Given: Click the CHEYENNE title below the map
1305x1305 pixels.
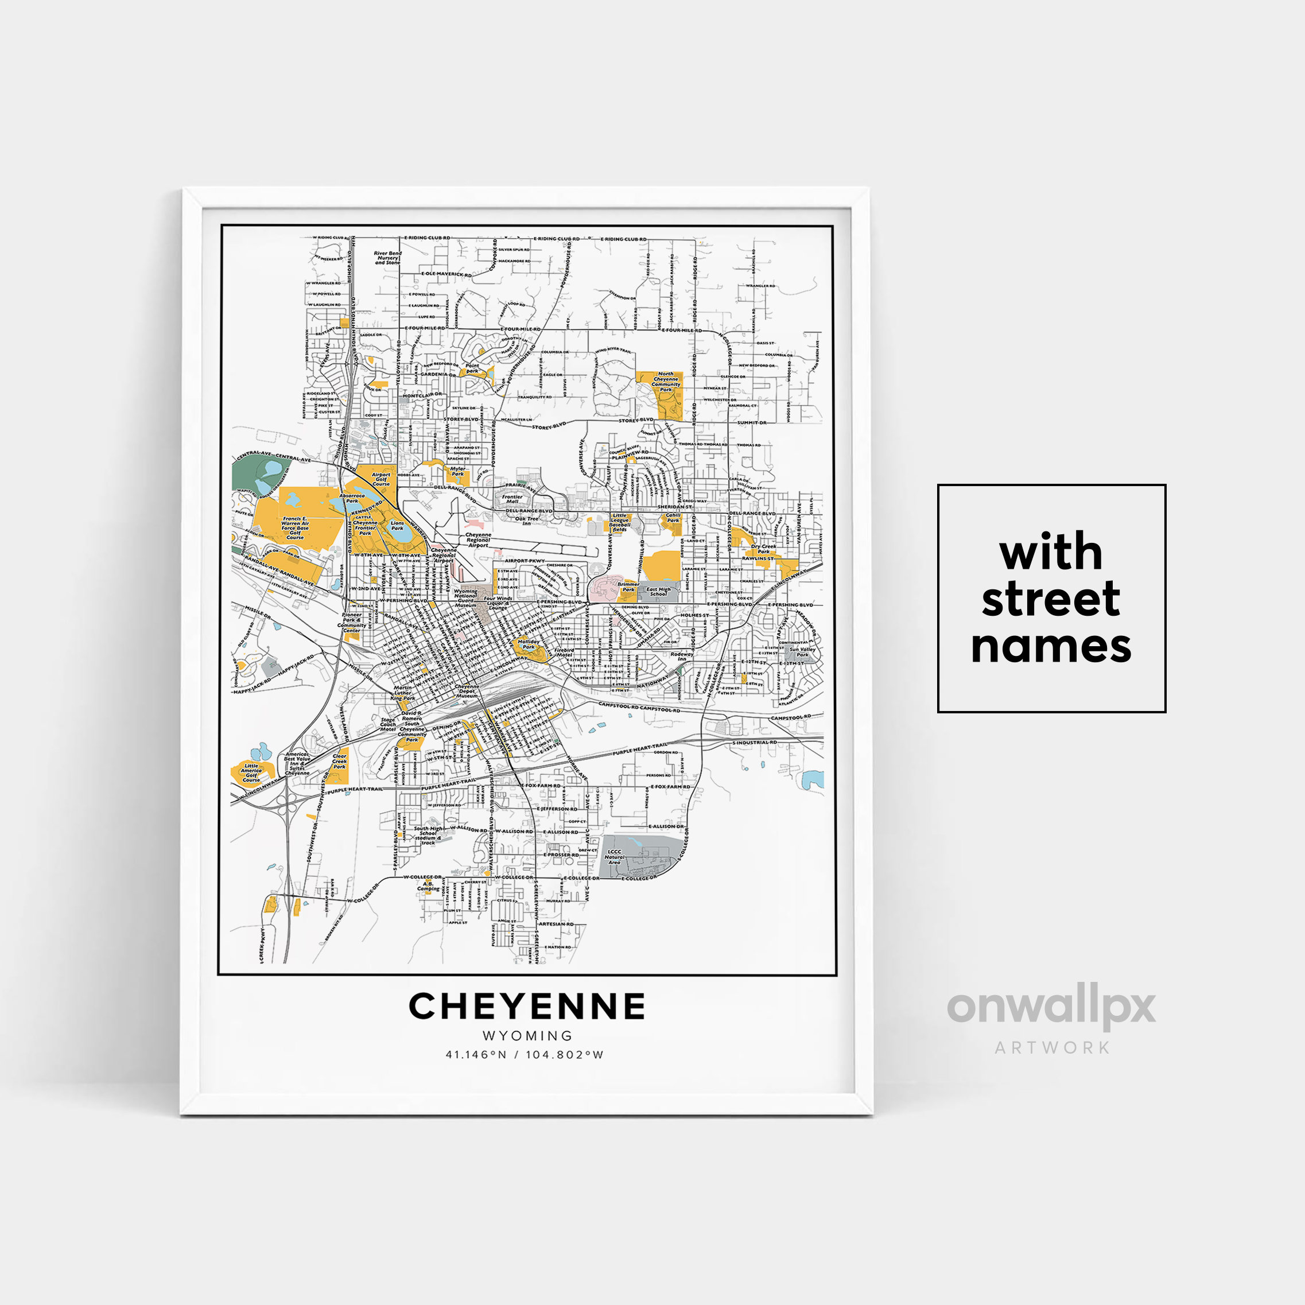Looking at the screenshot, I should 527,1007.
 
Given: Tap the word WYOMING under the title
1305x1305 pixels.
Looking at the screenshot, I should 527,1035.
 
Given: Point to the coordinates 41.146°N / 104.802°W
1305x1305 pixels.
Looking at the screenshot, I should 524,1054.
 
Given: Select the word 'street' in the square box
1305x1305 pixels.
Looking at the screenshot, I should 1050,599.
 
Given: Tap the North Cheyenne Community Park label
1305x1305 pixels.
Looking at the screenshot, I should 665,382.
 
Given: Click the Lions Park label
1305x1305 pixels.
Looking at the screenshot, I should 397,526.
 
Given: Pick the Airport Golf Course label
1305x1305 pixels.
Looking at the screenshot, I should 381,479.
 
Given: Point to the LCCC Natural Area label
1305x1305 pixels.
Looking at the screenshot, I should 614,857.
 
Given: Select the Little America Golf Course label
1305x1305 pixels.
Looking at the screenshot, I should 251,773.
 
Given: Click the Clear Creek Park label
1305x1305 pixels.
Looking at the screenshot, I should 340,761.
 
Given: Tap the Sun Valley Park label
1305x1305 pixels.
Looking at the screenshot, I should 802,652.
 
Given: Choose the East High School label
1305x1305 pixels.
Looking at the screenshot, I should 659,591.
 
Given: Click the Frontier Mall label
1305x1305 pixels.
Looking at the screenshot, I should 512,499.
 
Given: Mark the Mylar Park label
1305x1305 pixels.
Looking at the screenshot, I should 458,471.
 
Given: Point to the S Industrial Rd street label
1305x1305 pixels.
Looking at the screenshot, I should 755,743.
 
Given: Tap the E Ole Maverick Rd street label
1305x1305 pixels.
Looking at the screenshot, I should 446,274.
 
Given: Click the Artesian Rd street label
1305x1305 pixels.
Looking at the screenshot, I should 556,924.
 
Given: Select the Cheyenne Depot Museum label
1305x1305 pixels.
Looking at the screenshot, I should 467,690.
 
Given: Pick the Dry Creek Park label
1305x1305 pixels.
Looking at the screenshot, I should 764,549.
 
